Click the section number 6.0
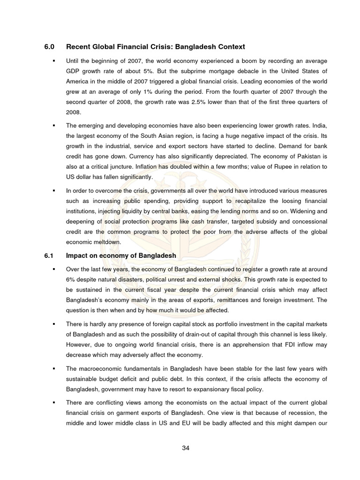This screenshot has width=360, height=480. pos(49,47)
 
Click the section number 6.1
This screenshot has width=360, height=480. pos(49,255)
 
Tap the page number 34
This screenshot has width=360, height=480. pos(186,448)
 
